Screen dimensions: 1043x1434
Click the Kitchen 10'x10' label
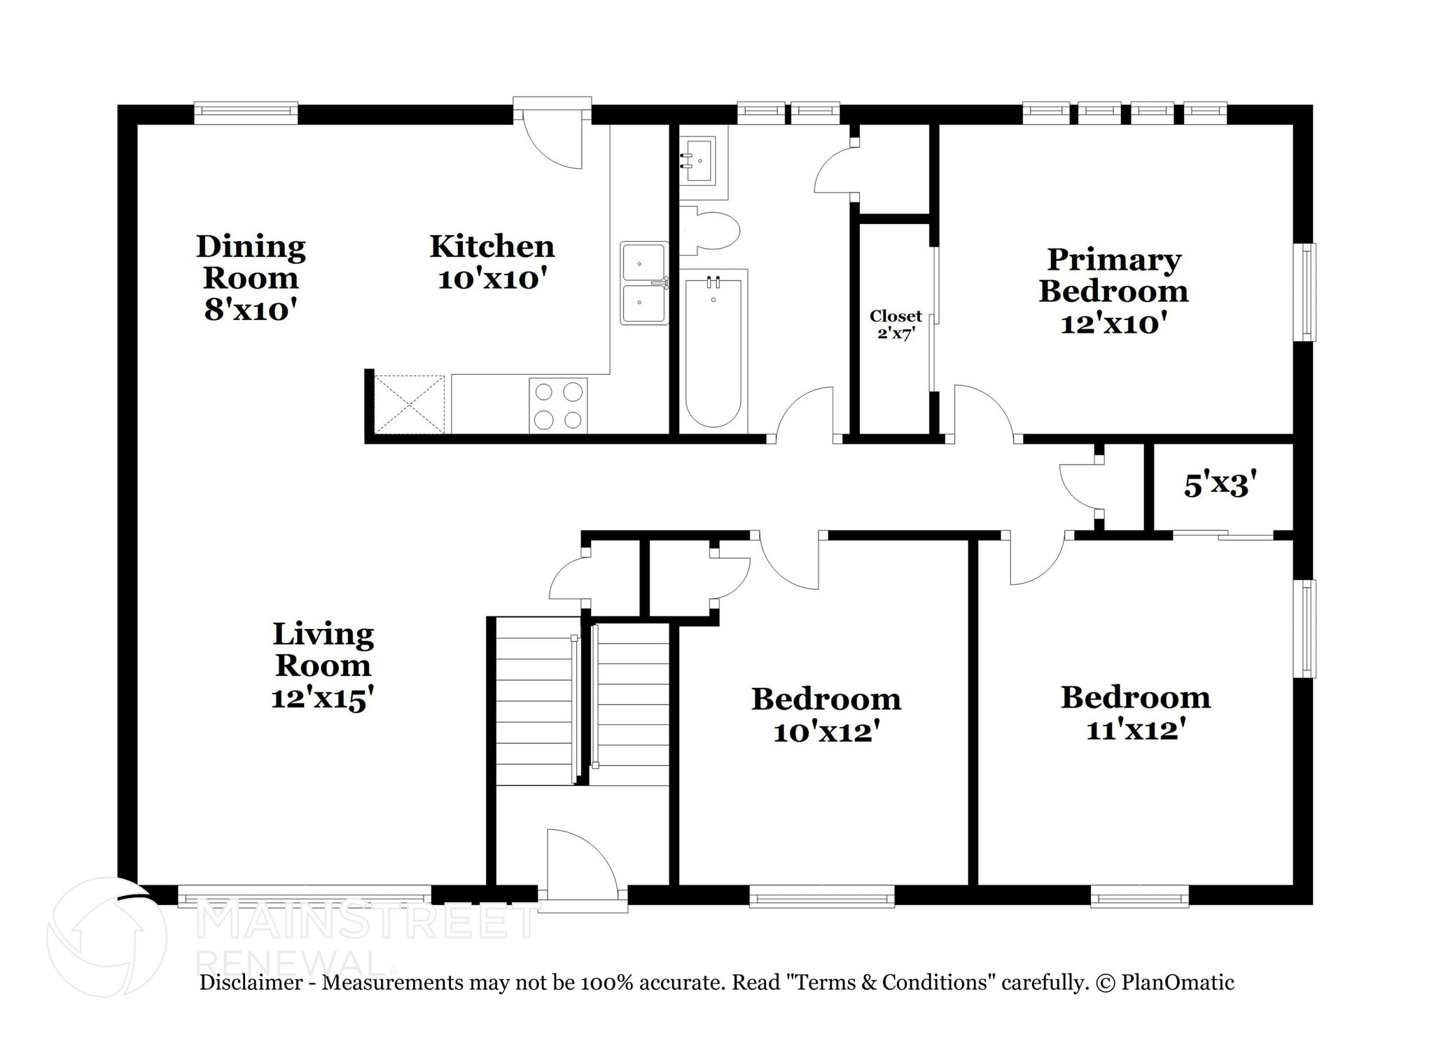click(492, 263)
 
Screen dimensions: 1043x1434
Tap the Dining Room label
click(251, 277)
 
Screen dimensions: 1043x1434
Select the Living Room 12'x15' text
click(323, 665)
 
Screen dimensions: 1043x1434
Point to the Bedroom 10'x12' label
click(826, 714)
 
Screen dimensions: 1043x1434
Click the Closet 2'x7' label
click(896, 324)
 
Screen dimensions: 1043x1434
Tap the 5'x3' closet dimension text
click(1220, 485)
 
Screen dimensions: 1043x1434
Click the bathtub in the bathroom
click(713, 350)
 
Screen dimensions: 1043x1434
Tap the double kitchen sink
click(643, 283)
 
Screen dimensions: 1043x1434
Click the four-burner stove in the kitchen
click(557, 406)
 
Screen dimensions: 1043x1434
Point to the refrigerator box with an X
click(410, 404)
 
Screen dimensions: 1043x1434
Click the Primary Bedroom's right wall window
click(1305, 292)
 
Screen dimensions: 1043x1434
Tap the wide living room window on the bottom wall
click(305, 897)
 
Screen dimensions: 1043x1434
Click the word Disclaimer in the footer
click(251, 982)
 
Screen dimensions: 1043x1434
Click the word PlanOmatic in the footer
click(1178, 982)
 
